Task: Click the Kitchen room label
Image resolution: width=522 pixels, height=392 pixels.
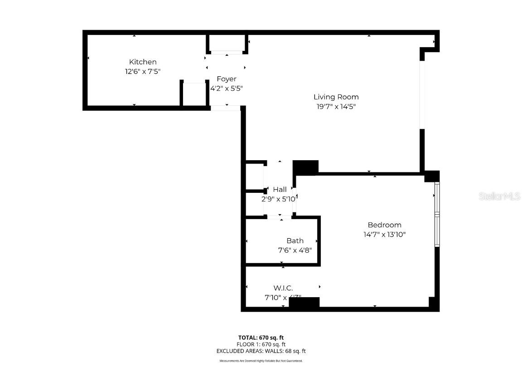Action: tap(143, 62)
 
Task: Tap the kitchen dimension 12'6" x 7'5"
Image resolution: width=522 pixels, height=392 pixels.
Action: tap(143, 72)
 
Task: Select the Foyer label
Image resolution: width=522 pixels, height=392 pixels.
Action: tap(226, 79)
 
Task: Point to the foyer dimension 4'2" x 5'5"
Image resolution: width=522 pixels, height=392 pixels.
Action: tap(226, 89)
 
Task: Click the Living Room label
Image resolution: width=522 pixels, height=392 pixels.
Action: tap(336, 97)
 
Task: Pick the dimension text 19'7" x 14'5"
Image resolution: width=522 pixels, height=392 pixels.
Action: tap(336, 107)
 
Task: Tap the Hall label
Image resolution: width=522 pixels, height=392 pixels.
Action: tap(280, 190)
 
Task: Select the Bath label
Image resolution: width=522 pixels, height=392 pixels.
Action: tap(295, 241)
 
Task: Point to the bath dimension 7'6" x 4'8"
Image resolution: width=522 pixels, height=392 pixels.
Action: tap(295, 250)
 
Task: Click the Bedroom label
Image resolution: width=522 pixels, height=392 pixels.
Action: tap(384, 225)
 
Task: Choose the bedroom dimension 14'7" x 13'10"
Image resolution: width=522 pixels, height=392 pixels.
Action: tap(384, 235)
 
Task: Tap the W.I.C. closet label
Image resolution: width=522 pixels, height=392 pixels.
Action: tap(283, 288)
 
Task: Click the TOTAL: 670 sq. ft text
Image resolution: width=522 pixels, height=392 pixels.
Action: tap(261, 338)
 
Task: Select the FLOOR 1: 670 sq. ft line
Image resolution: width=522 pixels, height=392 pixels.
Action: tap(261, 344)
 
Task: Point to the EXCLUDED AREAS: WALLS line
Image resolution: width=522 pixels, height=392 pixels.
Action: tap(261, 351)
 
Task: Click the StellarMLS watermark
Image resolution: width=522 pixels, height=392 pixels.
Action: tap(499, 196)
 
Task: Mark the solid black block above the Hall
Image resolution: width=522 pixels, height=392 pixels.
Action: tap(305, 167)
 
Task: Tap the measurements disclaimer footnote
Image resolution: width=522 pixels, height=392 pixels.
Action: tap(261, 361)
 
